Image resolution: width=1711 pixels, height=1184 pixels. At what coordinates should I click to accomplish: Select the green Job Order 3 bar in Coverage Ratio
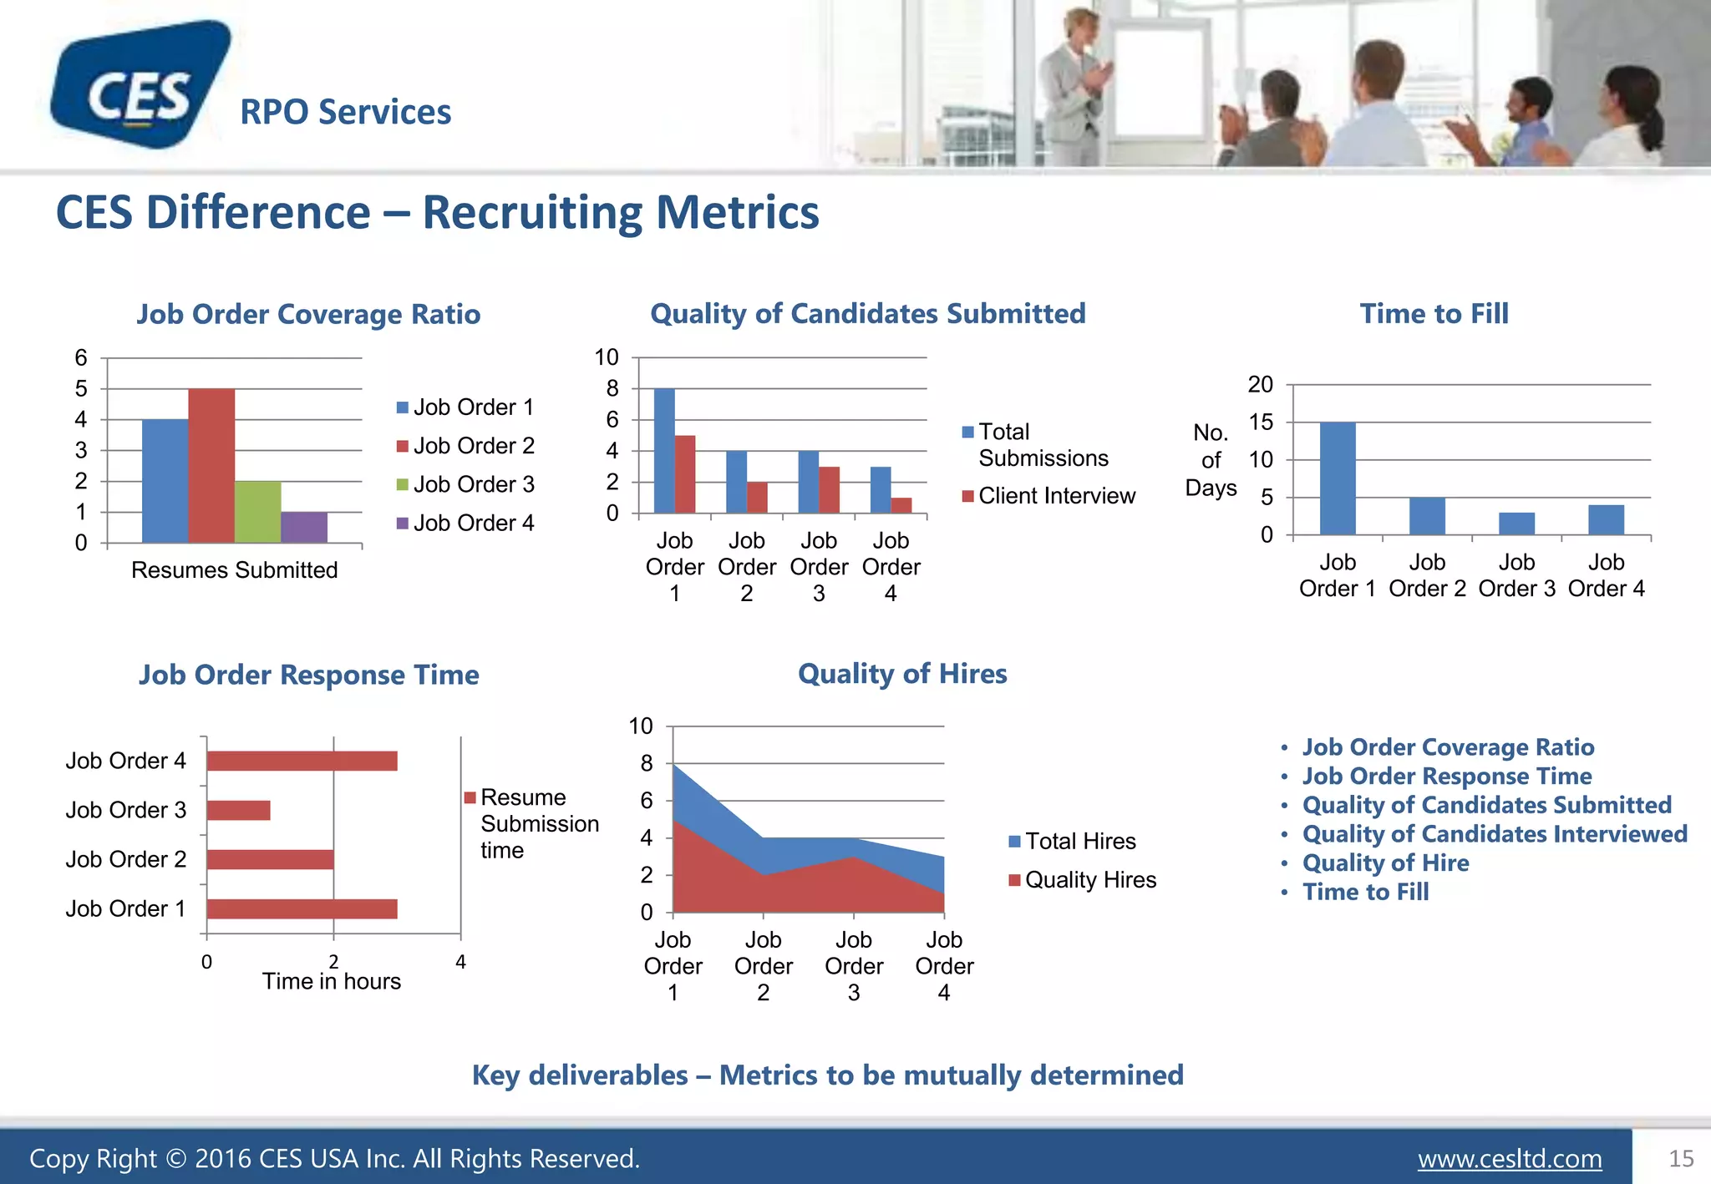point(257,511)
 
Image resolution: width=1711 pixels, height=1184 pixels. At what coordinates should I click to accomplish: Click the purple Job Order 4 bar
point(304,527)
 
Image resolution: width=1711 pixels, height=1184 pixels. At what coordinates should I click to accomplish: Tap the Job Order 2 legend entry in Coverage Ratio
point(473,446)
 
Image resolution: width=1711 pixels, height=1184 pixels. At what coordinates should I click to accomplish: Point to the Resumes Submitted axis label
point(234,570)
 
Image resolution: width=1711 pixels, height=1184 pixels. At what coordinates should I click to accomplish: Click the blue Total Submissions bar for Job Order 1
point(664,451)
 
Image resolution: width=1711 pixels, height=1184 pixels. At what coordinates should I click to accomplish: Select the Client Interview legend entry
point(1056,496)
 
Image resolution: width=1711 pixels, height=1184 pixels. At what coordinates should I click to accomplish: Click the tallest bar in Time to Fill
point(1338,478)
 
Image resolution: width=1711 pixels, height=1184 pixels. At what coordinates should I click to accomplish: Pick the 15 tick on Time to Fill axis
point(1261,422)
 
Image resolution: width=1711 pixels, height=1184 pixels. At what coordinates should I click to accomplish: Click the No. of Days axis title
point(1211,460)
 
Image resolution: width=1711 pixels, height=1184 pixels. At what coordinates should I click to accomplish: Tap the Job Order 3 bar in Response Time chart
point(239,810)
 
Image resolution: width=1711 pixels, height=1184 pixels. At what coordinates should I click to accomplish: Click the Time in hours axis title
point(332,981)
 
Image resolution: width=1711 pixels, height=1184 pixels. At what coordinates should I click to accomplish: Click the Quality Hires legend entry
point(1089,880)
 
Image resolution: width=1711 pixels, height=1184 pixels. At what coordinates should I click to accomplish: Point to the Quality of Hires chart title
point(902,674)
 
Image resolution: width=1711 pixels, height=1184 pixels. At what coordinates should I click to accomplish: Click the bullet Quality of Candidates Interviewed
point(1495,834)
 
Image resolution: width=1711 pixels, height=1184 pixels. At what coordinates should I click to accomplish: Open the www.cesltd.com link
point(1510,1159)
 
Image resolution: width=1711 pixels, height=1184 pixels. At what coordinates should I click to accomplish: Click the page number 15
point(1681,1159)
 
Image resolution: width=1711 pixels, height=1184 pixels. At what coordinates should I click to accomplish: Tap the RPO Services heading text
point(345,112)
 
